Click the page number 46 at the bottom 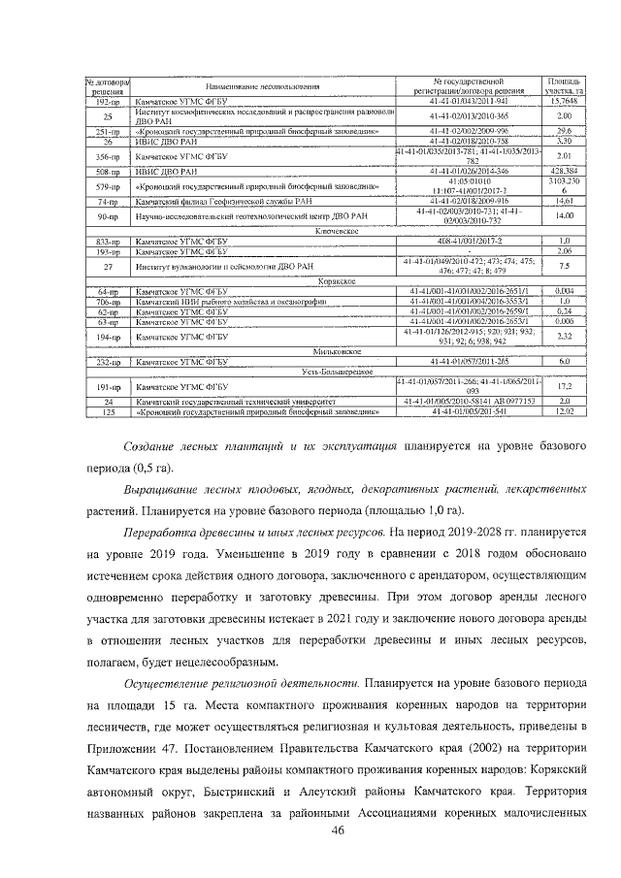click(x=339, y=829)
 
